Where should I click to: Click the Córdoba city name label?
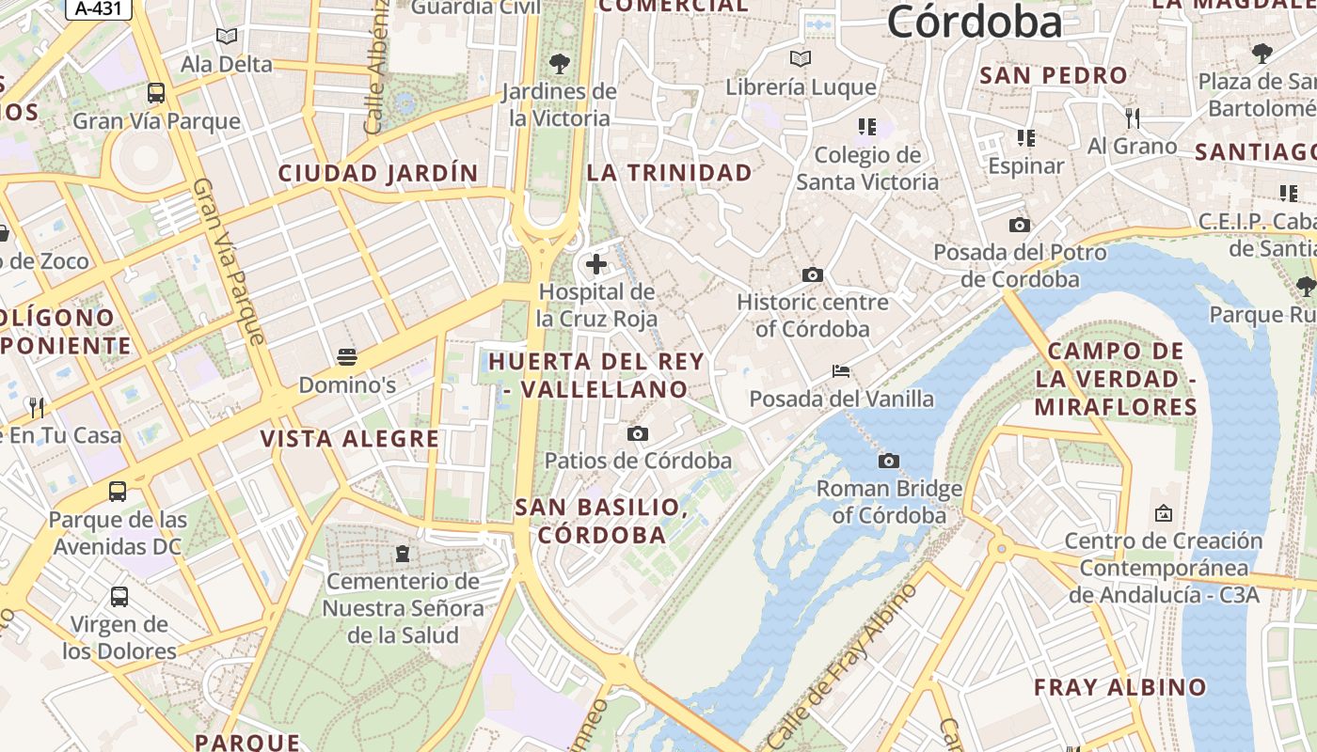pos(974,23)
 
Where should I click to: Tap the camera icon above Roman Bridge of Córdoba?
pos(888,461)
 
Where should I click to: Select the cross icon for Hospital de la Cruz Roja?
pos(595,264)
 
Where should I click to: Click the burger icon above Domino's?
pos(347,357)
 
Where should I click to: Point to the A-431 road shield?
pos(99,8)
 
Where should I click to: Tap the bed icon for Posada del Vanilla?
pos(841,371)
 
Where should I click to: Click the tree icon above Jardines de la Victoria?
pos(560,64)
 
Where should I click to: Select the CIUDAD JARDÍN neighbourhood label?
pos(378,173)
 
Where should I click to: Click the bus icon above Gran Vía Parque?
pos(156,93)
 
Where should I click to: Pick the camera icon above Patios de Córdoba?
pos(638,433)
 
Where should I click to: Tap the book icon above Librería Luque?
pos(801,59)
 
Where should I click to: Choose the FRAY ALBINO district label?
pos(1119,687)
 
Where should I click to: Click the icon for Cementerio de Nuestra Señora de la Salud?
pos(403,553)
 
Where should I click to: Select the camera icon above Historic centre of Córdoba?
pos(813,274)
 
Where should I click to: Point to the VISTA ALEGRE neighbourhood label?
pos(350,439)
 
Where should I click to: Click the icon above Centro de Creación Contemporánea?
pos(1163,513)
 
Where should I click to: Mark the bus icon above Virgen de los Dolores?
pos(119,596)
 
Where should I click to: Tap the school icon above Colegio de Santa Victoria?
pos(866,126)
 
